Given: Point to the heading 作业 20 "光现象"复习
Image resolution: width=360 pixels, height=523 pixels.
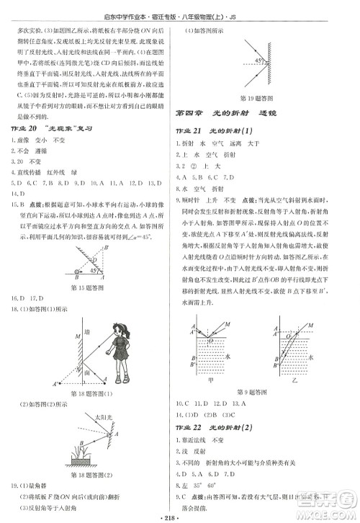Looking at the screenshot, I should (54, 128).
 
